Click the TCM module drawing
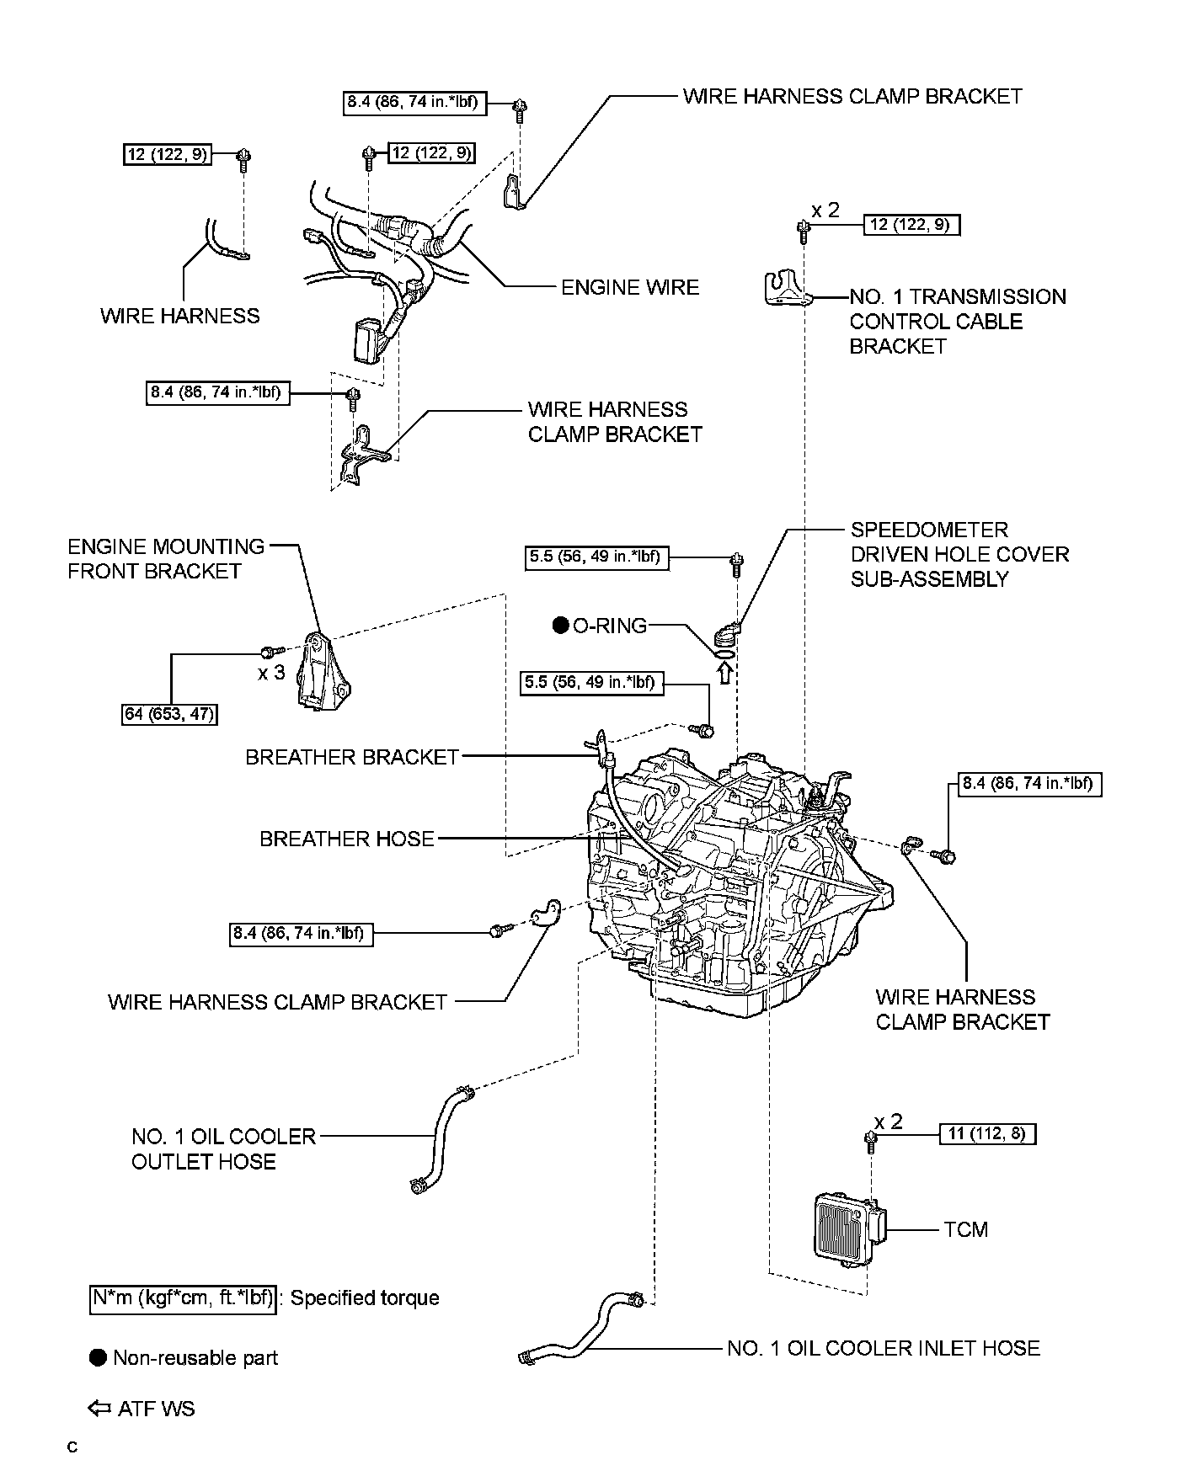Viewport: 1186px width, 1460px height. [845, 1228]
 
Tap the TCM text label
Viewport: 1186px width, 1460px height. [965, 1229]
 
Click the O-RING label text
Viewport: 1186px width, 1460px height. [610, 626]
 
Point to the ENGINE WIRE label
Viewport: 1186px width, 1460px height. [630, 287]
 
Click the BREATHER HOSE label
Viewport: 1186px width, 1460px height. [347, 839]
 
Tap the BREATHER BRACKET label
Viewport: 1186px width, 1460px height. [352, 757]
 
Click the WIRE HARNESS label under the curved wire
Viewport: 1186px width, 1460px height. [180, 316]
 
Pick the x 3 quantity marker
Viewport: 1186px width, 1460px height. [271, 673]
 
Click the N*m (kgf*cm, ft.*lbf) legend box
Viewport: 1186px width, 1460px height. [183, 1297]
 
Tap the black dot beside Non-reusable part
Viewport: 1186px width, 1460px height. [99, 1357]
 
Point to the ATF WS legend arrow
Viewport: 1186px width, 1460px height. [99, 1409]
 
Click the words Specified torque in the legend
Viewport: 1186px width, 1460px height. [365, 1297]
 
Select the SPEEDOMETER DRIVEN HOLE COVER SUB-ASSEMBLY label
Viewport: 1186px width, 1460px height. [959, 554]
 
